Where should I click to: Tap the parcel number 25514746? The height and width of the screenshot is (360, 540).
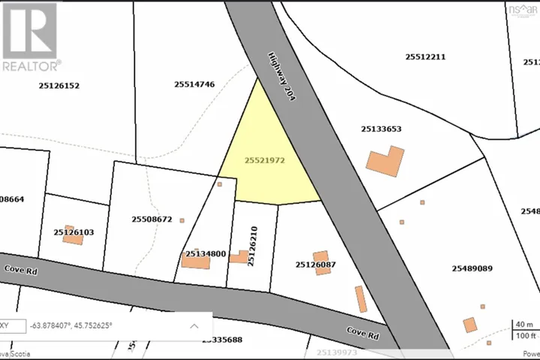195,84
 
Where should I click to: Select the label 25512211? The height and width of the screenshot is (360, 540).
426,56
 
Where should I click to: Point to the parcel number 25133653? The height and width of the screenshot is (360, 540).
381,129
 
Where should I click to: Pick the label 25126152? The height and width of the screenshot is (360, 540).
59,85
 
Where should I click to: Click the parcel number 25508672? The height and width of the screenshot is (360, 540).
152,219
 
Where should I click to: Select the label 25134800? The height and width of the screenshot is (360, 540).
206,254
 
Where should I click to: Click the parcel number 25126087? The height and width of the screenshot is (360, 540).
315,264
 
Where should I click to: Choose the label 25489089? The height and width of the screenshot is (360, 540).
472,268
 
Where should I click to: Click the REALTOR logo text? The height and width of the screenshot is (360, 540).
32,65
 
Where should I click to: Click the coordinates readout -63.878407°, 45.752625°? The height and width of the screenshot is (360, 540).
72,325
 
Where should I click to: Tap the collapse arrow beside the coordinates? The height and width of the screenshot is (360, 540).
194,325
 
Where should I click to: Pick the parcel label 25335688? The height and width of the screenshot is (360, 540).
222,340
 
